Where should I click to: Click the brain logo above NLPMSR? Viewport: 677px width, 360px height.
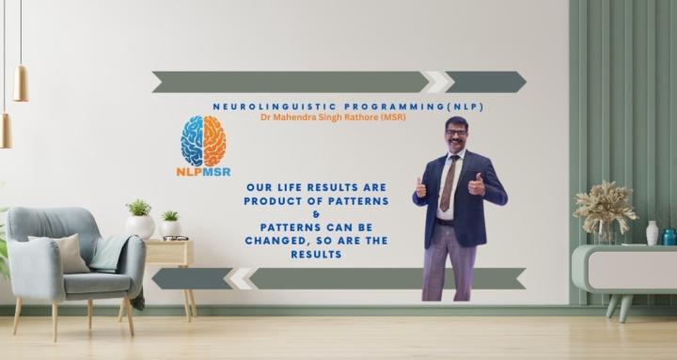pos(203,140)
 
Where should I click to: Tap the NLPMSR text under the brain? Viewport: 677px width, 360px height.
pos(203,173)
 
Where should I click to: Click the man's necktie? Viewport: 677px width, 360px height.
pos(449,184)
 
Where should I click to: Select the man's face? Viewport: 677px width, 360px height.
pos(457,136)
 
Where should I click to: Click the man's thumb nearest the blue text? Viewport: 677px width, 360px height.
pos(420,187)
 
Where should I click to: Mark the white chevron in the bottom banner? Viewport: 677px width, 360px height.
pos(242,278)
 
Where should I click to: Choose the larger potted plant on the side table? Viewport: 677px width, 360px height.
pos(139,219)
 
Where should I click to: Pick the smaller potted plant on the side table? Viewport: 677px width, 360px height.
pos(170,224)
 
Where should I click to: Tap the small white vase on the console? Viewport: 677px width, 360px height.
pos(652,232)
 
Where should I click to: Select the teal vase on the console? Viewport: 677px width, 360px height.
pos(669,236)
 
